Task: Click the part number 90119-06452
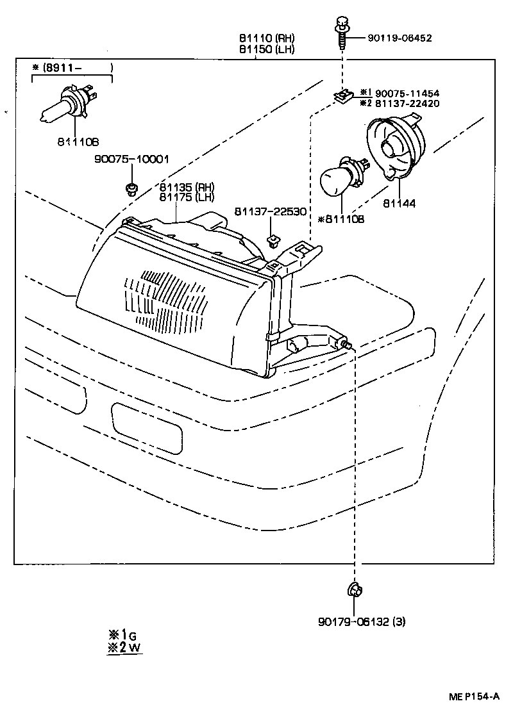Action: point(399,38)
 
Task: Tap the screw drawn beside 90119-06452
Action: point(341,32)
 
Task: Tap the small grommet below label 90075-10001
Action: point(131,189)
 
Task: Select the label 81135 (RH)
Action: point(187,187)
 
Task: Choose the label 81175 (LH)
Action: point(187,197)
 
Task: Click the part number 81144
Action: point(399,204)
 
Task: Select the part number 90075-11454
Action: point(407,93)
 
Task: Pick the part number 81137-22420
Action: point(407,103)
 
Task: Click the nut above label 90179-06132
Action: point(353,588)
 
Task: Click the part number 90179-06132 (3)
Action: point(362,621)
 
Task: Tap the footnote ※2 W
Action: point(124,647)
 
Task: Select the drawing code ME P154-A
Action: point(473,697)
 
